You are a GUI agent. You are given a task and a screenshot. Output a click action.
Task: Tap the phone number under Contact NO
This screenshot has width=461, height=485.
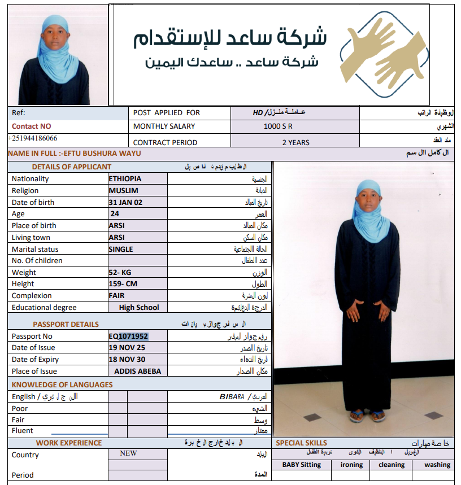point(33,138)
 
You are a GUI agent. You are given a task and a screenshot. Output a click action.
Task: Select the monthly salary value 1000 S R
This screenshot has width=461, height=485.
point(278,126)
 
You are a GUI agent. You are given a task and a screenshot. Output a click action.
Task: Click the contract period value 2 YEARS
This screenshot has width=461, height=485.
point(295,142)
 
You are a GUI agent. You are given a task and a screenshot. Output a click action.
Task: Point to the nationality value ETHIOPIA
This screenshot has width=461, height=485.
point(125,178)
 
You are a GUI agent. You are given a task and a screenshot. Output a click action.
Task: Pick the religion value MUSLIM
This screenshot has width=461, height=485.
point(123,190)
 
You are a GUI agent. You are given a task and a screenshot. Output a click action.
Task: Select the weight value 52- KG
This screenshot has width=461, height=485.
point(120,272)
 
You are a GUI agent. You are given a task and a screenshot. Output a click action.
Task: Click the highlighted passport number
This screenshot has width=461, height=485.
point(128,336)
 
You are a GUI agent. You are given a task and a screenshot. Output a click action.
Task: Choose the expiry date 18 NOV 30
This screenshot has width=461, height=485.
point(127,359)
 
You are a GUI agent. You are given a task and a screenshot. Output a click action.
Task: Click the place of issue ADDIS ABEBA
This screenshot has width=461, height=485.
point(137,371)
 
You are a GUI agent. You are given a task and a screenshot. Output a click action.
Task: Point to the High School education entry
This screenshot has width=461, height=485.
point(139,308)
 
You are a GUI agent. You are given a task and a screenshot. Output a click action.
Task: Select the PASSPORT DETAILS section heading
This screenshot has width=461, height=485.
point(66,324)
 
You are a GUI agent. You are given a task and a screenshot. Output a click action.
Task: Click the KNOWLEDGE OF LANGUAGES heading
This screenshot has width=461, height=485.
point(62,384)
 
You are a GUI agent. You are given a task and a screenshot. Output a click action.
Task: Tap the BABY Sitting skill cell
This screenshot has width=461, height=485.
point(302,465)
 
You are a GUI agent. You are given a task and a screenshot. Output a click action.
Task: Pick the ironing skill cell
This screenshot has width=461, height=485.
point(351,465)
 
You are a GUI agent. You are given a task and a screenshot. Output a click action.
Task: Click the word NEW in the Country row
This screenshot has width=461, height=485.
point(128,453)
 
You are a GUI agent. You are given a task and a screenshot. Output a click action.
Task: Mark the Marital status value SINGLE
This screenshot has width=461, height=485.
point(121,249)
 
